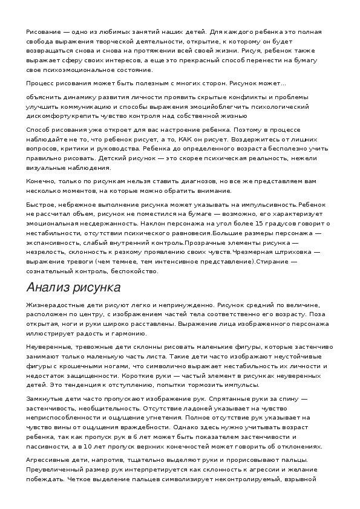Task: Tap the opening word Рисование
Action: click(x=43, y=31)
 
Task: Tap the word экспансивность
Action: click(x=54, y=243)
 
